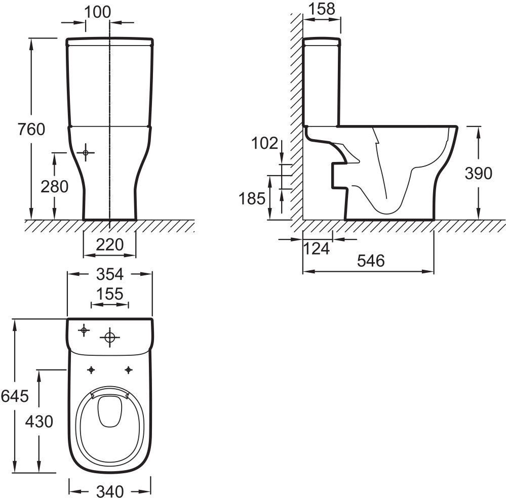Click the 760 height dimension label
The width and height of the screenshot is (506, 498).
pos(31,130)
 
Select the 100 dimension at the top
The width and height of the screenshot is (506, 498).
pos(97,12)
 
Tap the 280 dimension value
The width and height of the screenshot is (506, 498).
pos(55,186)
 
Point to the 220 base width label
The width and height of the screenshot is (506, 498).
pos(110,244)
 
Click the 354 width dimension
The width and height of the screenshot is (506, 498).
pos(110,274)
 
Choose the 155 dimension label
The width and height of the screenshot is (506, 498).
pos(110,294)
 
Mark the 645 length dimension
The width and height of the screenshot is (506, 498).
pos(15,396)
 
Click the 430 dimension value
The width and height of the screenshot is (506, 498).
pos(39,422)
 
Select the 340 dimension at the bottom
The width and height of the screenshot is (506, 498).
pos(110,491)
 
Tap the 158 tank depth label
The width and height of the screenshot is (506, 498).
pos(322,9)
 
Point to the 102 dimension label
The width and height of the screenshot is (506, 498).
pos(264,143)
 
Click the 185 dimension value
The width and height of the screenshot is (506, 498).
pos(252,198)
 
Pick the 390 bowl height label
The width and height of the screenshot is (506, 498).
pos(479,173)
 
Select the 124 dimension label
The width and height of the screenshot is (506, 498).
pos(317,248)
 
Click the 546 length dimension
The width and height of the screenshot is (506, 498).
pos(371,261)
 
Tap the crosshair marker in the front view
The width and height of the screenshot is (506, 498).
pos(86,152)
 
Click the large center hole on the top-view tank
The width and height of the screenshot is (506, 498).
pos(110,338)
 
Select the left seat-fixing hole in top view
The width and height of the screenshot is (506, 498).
pos(91,370)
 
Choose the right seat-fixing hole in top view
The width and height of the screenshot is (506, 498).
pos(129,370)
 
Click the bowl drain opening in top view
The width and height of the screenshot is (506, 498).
pos(110,410)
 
